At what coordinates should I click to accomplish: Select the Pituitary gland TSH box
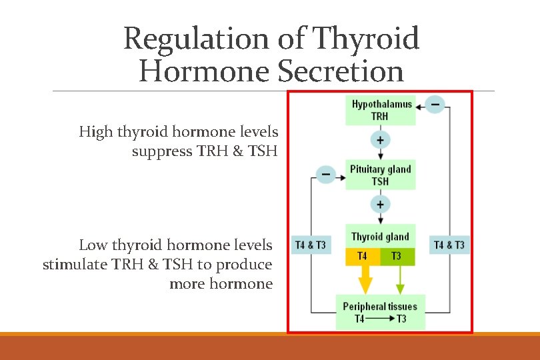pyautogui.click(x=380, y=175)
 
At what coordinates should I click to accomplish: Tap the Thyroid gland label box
pyautogui.click(x=380, y=236)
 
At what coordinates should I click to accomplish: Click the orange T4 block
pyautogui.click(x=362, y=257)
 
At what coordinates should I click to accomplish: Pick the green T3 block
pyautogui.click(x=397, y=257)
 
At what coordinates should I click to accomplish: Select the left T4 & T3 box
pyautogui.click(x=311, y=245)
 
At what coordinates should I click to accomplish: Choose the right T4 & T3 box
pyautogui.click(x=449, y=245)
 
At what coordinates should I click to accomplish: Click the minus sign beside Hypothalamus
pyautogui.click(x=435, y=105)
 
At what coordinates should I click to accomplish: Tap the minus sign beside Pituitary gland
pyautogui.click(x=325, y=175)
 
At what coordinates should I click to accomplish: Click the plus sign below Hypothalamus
pyautogui.click(x=380, y=141)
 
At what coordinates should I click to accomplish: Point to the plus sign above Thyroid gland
pyautogui.click(x=380, y=204)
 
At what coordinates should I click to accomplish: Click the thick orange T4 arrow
pyautogui.click(x=365, y=280)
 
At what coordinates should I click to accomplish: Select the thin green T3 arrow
pyautogui.click(x=400, y=280)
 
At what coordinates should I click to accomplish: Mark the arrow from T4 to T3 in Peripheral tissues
pyautogui.click(x=380, y=319)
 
